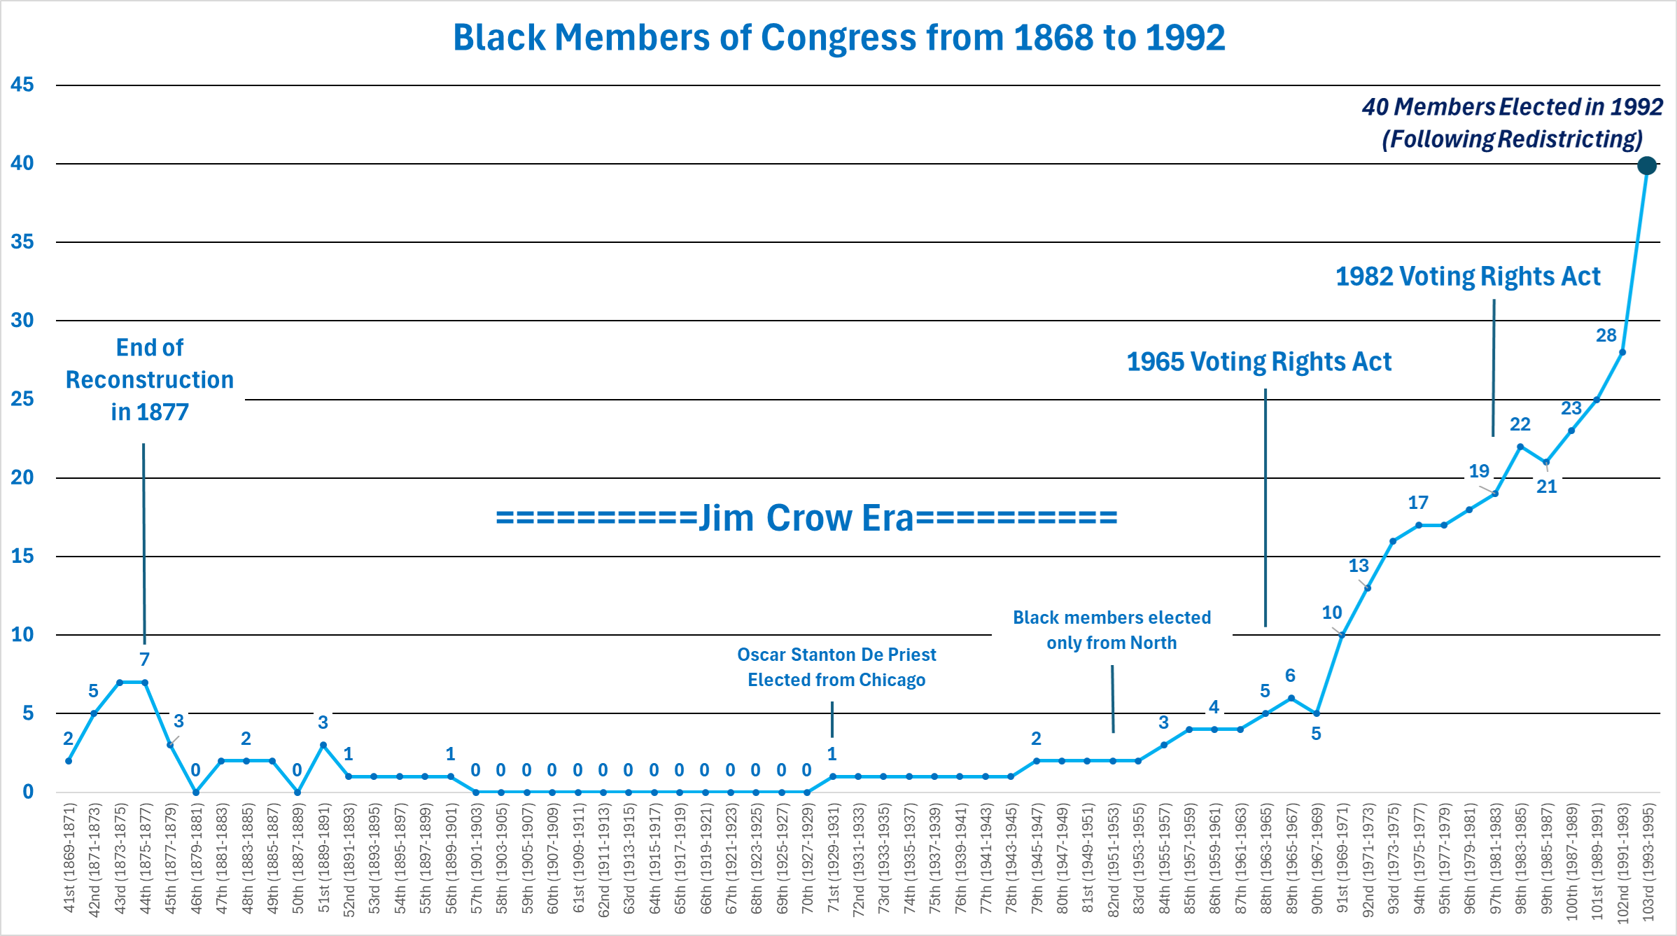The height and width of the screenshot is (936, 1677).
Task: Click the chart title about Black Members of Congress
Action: pyautogui.click(x=838, y=37)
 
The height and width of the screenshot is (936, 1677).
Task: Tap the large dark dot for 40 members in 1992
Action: pyautogui.click(x=1647, y=165)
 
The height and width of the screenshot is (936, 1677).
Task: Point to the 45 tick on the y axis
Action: pyautogui.click(x=22, y=85)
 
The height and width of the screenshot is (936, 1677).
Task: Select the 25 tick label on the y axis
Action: pyautogui.click(x=22, y=399)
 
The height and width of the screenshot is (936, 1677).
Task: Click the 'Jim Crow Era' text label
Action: pyautogui.click(x=806, y=518)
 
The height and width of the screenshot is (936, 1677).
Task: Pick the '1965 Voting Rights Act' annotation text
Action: pyautogui.click(x=1258, y=362)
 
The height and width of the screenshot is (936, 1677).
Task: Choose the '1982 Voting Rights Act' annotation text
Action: pyautogui.click(x=1468, y=277)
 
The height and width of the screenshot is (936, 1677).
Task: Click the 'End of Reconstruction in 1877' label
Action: pyautogui.click(x=150, y=379)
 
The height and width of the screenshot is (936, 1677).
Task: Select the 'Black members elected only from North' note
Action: pyautogui.click(x=1111, y=629)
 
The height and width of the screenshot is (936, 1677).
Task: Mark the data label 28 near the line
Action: pyautogui.click(x=1606, y=335)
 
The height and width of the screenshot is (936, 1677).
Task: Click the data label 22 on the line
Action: pyautogui.click(x=1520, y=424)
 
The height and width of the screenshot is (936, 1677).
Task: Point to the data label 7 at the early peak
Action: pyautogui.click(x=144, y=659)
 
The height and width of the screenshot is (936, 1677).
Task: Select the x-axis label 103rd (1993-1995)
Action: pyautogui.click(x=1648, y=862)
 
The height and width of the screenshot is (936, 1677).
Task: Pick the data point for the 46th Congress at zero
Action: pyautogui.click(x=196, y=792)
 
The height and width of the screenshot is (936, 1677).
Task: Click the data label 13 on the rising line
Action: pyautogui.click(x=1359, y=566)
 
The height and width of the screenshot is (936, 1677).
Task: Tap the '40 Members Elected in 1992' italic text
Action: pyautogui.click(x=1512, y=106)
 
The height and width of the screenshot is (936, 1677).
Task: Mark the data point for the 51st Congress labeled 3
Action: pyautogui.click(x=323, y=745)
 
